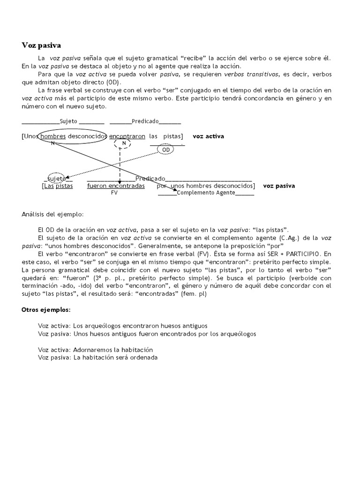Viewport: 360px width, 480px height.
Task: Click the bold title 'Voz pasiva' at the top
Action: pyautogui.click(x=41, y=45)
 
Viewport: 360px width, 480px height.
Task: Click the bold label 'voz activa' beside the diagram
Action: pyautogui.click(x=208, y=136)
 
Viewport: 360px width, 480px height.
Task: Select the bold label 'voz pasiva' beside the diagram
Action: pyautogui.click(x=279, y=186)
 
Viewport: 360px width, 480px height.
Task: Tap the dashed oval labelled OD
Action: pyautogui.click(x=166, y=150)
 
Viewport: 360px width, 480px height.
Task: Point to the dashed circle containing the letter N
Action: pyautogui.click(x=123, y=143)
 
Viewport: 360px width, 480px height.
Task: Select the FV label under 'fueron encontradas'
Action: pyautogui.click(x=114, y=193)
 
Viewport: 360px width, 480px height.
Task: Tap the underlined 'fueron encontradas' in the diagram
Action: pyautogui.click(x=116, y=186)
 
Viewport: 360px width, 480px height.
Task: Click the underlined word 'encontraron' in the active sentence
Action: pyautogui.click(x=127, y=136)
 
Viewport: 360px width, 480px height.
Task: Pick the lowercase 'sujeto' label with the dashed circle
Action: pyautogui.click(x=56, y=179)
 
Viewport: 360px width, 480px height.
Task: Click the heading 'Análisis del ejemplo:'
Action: pyautogui.click(x=52, y=214)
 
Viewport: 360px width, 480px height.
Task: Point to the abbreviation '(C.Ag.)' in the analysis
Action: pyautogui.click(x=295, y=238)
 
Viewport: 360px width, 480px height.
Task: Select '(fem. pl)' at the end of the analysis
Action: pyautogui.click(x=193, y=294)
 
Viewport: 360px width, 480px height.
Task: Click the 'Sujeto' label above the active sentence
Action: pyautogui.click(x=69, y=121)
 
